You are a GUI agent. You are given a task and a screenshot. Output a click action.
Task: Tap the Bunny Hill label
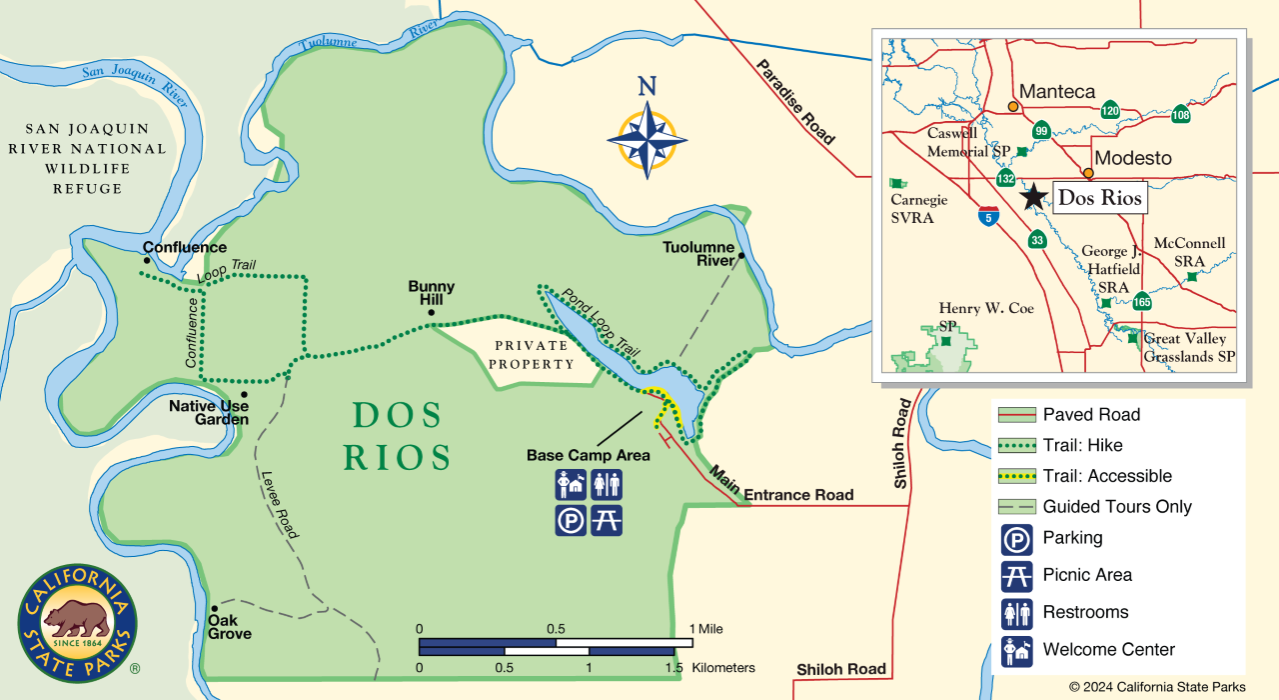[432, 292]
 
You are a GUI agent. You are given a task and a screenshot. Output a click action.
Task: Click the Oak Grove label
[229, 627]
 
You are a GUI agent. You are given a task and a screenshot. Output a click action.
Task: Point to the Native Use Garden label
[208, 413]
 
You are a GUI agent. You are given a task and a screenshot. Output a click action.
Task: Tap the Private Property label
[533, 355]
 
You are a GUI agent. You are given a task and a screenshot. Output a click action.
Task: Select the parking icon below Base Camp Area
[571, 520]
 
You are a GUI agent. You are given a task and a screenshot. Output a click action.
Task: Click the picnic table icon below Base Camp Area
[607, 520]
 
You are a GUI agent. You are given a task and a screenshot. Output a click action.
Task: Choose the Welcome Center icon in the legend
[1016, 650]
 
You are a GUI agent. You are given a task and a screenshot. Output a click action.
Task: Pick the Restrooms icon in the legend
[1016, 613]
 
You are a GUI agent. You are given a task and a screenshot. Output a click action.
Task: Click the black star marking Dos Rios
[1033, 196]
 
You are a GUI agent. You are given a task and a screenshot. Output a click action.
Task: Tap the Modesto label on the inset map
[1132, 158]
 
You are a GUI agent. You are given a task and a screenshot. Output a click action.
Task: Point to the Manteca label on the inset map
[1056, 91]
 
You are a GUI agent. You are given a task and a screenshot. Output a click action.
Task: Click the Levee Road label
[279, 505]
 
